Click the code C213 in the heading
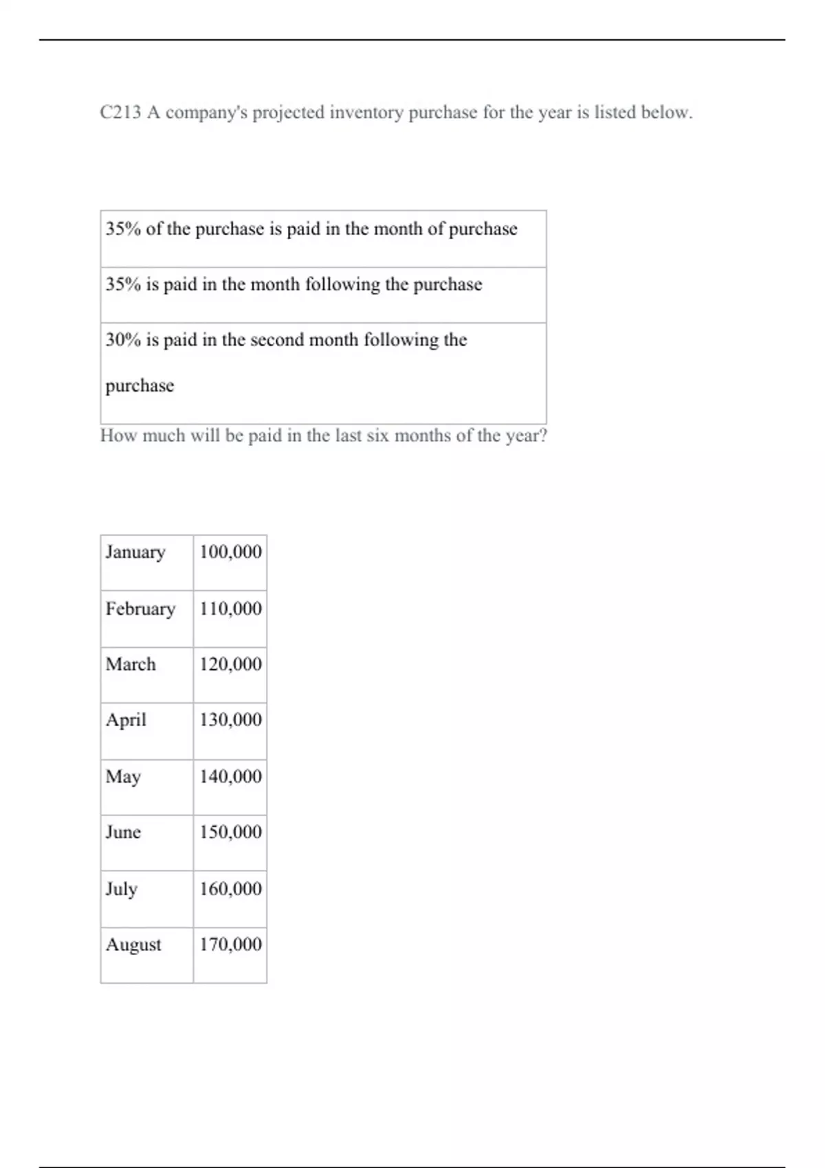click(x=120, y=113)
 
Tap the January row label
click(x=135, y=552)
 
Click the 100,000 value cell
click(x=230, y=552)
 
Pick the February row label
click(x=140, y=609)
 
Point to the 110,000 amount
click(x=230, y=609)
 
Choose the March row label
click(x=131, y=664)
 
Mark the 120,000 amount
click(x=230, y=664)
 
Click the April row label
click(x=126, y=720)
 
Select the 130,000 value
click(x=230, y=720)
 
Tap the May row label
click(x=123, y=777)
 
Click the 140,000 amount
click(x=230, y=776)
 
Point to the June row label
click(x=123, y=832)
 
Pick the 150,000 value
click(x=230, y=832)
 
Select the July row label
click(x=122, y=889)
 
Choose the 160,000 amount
click(x=230, y=889)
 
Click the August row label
click(x=133, y=945)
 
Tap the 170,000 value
click(x=230, y=945)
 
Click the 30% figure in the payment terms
click(x=123, y=340)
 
